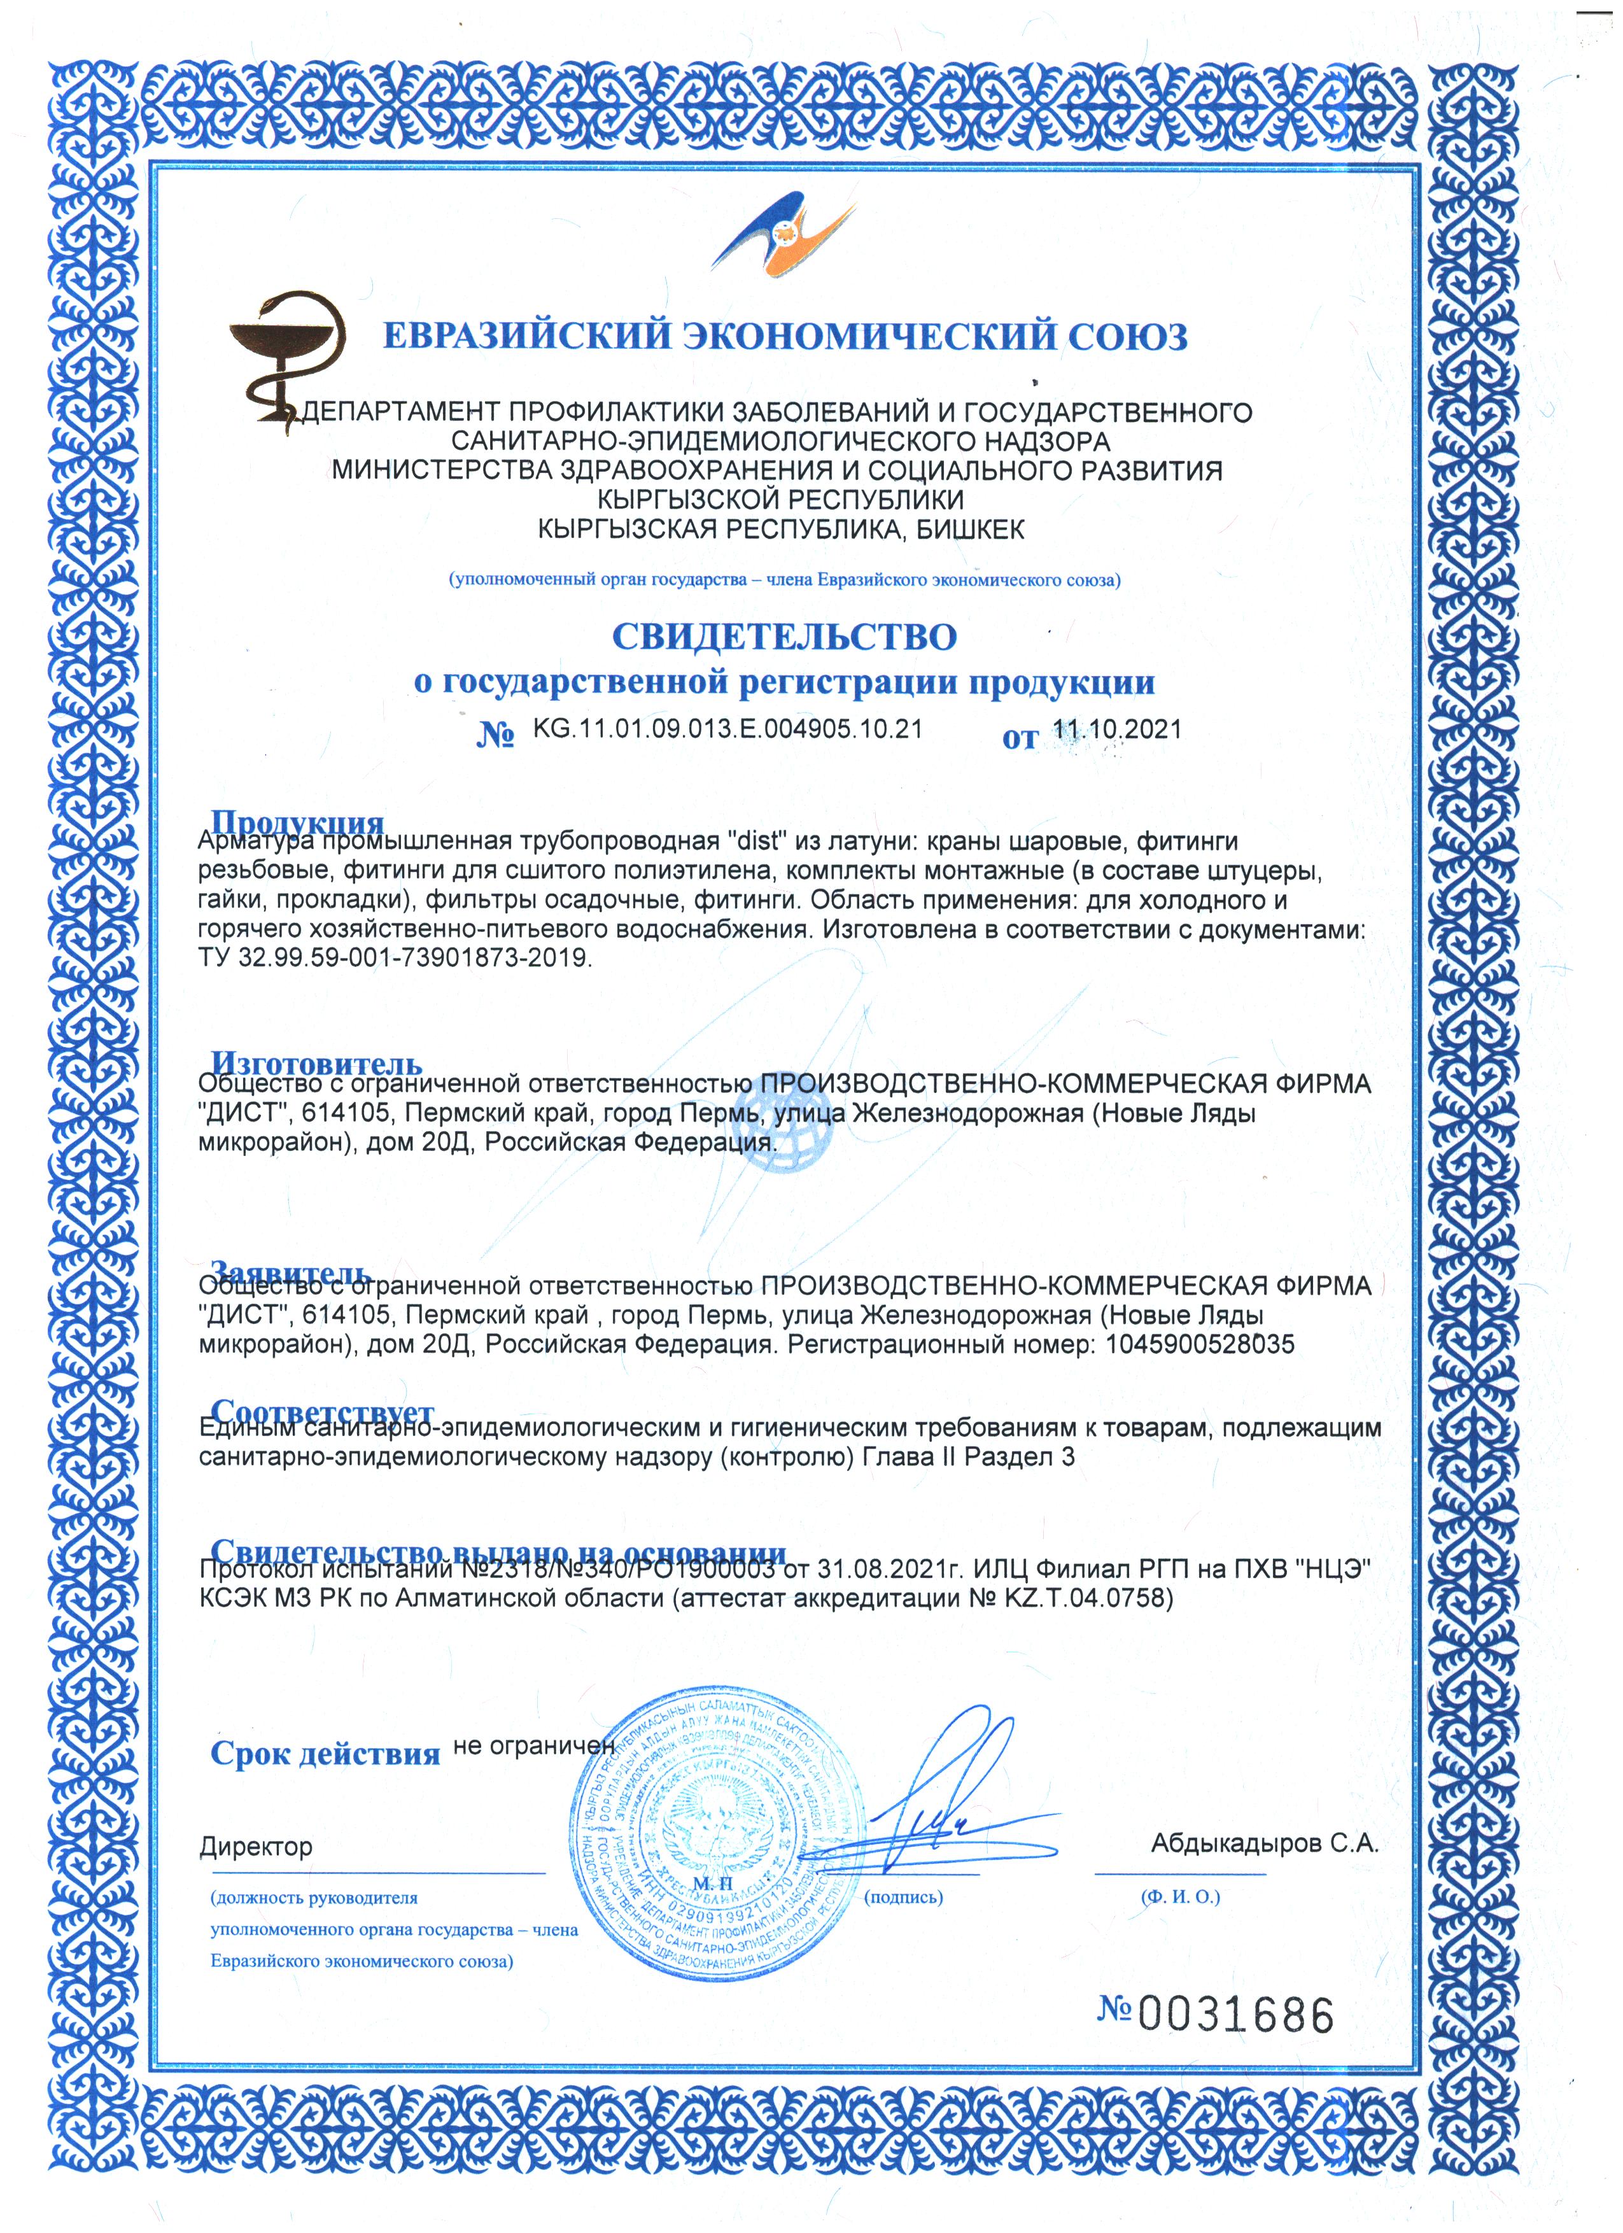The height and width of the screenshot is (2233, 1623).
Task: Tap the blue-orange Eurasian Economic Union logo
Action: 785,236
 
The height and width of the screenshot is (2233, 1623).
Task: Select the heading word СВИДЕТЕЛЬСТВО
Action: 783,637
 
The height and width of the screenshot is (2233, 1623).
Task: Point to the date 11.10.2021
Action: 1117,729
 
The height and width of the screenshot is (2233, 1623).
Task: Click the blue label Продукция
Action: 297,823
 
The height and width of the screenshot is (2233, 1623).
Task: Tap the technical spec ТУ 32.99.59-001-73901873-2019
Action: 395,957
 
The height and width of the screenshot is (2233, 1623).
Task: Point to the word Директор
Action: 256,1847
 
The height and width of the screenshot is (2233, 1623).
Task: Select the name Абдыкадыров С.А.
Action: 1264,1844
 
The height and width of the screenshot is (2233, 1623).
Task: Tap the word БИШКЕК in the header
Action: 971,530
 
